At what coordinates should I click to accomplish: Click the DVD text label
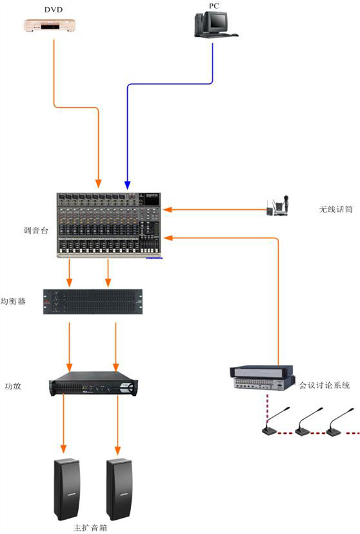click(x=53, y=10)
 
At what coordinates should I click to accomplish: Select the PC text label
click(x=214, y=5)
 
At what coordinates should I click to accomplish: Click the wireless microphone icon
click(x=278, y=207)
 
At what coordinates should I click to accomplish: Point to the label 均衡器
click(x=13, y=301)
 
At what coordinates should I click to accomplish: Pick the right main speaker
click(x=120, y=489)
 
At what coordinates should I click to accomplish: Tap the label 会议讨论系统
click(x=325, y=385)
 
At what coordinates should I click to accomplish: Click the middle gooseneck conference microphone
click(x=308, y=422)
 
